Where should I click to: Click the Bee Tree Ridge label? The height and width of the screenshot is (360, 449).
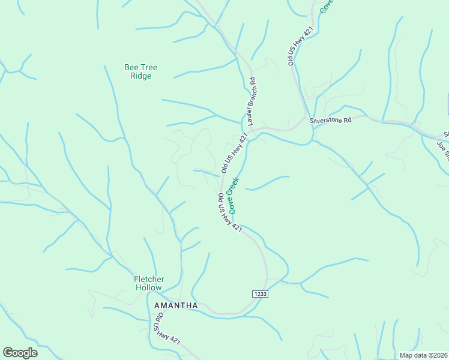pos(140,72)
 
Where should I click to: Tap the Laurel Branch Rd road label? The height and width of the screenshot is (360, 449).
pos(249,100)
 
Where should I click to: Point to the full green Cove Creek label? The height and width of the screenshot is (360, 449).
pos(234,195)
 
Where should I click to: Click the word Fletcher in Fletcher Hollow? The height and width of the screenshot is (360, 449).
pos(148,279)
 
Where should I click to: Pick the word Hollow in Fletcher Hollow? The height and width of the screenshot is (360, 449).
pos(148,287)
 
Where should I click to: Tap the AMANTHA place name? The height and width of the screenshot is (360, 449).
pos(176,305)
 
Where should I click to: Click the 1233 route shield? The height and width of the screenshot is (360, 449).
pos(259,293)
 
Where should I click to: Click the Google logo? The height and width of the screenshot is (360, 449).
pos(20,352)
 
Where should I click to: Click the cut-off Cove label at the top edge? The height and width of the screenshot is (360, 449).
pos(327,6)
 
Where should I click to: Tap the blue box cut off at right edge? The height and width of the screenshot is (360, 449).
pos(447,103)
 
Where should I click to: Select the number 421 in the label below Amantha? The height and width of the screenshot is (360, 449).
pos(175,340)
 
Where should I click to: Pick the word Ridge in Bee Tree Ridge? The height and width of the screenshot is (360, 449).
pos(140,76)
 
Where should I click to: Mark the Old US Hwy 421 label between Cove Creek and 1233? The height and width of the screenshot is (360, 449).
pos(229,213)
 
